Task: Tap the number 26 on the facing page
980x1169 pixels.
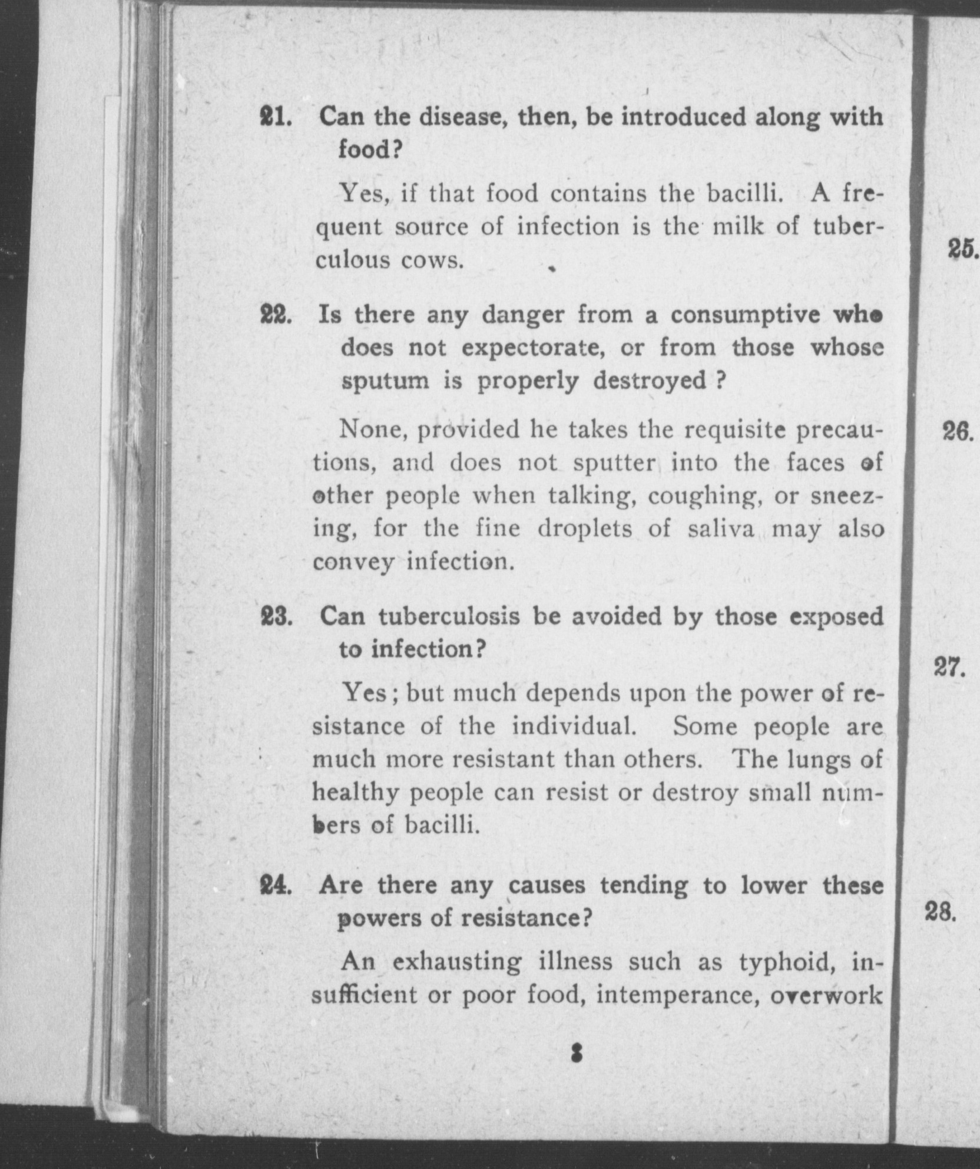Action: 957,433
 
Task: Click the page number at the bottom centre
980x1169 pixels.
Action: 577,1054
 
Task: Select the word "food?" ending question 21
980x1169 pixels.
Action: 370,150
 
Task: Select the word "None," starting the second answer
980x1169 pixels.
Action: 374,430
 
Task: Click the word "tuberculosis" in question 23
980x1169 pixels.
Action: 450,617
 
